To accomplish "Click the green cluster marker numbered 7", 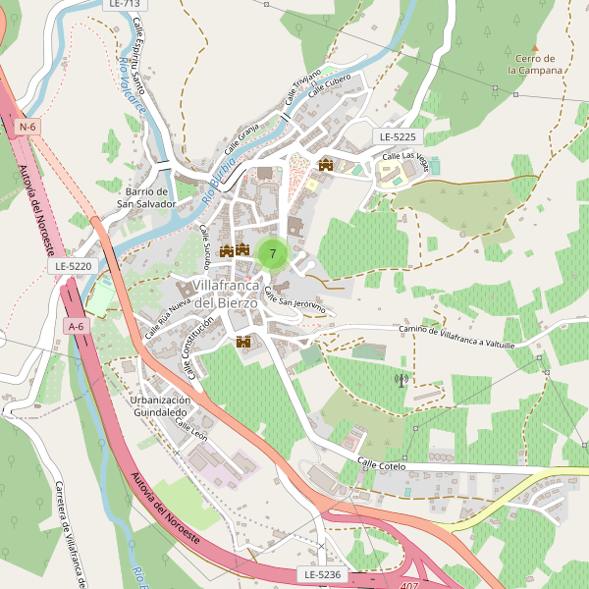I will coord(272,253).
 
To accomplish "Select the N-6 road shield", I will coord(27,127).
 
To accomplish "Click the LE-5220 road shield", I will coord(74,266).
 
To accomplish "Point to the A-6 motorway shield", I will coord(76,325).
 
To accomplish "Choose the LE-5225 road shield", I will coord(397,136).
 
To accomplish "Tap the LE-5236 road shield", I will coord(321,573).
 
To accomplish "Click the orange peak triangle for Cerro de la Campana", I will coord(535,47).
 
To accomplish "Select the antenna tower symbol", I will coord(401,379).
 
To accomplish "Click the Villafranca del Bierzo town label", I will coord(225,294).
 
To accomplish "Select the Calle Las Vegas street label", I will coord(404,156).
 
